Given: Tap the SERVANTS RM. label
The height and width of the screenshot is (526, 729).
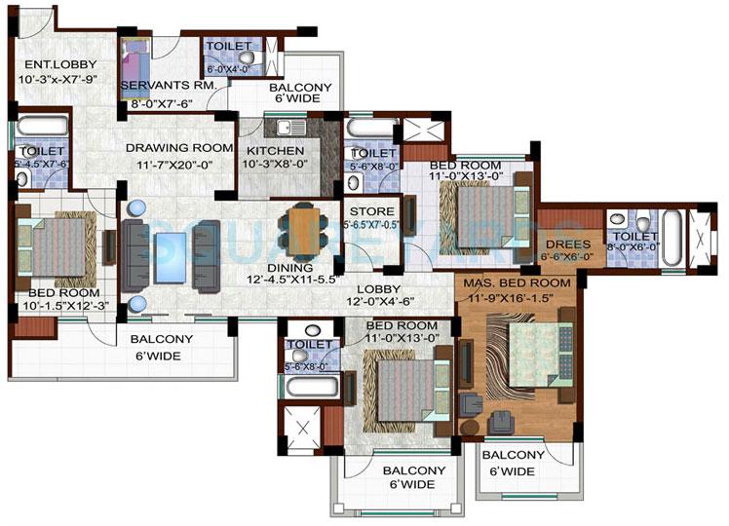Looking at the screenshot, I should [162, 85].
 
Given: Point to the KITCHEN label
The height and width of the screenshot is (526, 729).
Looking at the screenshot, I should [274, 151].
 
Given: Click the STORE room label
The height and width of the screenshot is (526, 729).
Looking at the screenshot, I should [371, 210].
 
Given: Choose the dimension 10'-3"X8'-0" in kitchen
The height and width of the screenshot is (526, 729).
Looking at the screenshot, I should [274, 166].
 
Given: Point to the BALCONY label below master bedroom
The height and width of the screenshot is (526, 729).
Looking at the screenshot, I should [508, 455].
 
